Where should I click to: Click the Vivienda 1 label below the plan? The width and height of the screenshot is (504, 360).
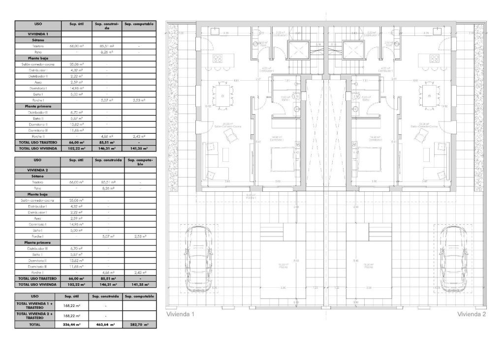tap(181, 314)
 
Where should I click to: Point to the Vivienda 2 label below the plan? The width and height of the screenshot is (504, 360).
tap(471, 314)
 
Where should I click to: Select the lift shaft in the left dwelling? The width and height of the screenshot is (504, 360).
tap(296, 50)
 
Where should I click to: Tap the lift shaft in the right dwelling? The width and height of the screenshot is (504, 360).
tap(352, 50)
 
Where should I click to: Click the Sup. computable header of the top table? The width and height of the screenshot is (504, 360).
tap(139, 24)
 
